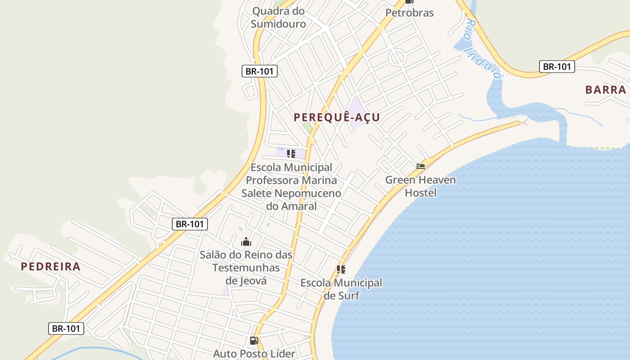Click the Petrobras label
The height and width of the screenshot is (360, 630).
click(x=409, y=13)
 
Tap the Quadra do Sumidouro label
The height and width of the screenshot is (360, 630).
click(x=278, y=17)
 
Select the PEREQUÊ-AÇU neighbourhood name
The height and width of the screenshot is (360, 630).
click(x=337, y=117)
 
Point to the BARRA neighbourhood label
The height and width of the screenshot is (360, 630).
click(x=606, y=90)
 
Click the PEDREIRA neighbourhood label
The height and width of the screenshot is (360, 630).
click(x=51, y=266)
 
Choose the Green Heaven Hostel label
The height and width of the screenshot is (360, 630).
click(x=420, y=186)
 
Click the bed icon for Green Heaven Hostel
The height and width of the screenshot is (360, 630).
click(x=421, y=166)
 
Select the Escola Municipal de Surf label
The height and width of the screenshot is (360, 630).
click(x=341, y=289)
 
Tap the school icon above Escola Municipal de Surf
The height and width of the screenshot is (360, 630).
click(x=341, y=270)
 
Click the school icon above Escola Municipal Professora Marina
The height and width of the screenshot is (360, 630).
click(x=291, y=154)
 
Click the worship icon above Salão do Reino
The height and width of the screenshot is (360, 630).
click(x=246, y=242)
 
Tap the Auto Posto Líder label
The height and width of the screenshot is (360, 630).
click(x=254, y=354)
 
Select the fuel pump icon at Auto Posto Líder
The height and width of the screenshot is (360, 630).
click(x=254, y=341)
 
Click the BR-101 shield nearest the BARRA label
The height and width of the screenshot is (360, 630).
click(x=557, y=67)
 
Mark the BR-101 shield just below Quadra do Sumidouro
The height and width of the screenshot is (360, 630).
click(x=260, y=71)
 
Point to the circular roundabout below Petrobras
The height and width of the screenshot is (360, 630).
click(x=397, y=58)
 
